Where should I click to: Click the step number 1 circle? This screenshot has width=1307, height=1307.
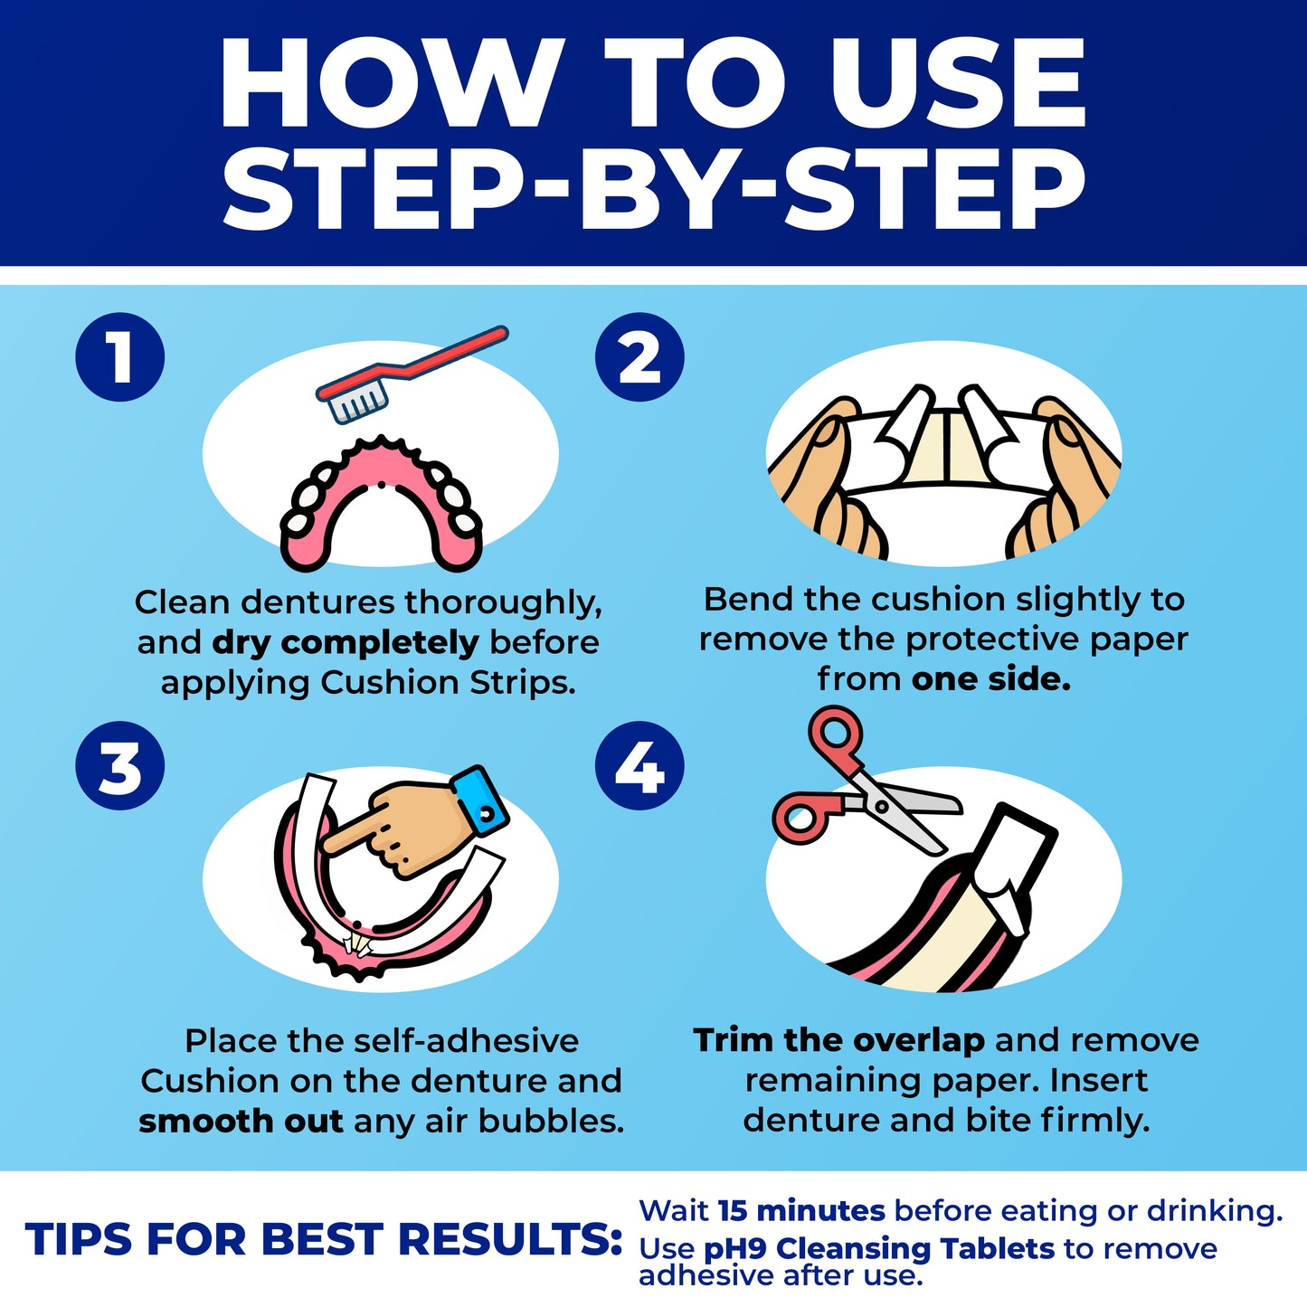point(120,357)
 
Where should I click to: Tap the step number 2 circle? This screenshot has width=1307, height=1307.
point(639,357)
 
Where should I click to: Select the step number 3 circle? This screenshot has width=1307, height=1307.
point(120,766)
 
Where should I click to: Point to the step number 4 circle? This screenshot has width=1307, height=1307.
point(639,766)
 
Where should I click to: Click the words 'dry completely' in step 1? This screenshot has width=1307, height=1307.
point(345,643)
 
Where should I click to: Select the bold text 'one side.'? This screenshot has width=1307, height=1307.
point(991,679)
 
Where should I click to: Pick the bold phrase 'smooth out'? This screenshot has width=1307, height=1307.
point(241,1122)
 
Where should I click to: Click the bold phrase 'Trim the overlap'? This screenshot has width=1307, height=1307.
point(838,1041)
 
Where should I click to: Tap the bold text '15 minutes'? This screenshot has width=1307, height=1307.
point(800,1211)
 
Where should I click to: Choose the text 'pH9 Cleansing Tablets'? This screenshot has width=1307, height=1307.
point(878,1249)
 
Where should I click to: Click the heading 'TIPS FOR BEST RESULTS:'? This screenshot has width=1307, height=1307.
point(324,1240)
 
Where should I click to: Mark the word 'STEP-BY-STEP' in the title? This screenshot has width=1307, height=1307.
point(653,190)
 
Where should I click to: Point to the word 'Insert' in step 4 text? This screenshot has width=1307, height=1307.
point(1098,1081)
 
